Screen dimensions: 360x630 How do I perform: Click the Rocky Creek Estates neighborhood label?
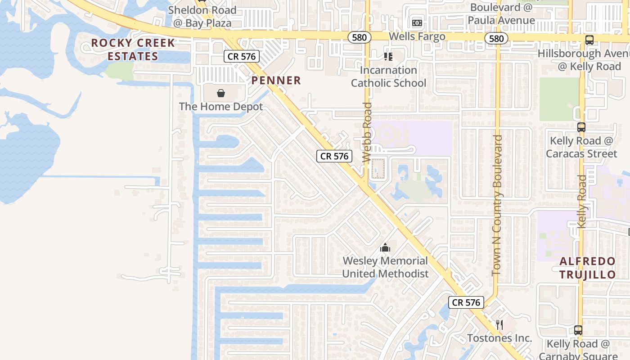[x=133, y=49]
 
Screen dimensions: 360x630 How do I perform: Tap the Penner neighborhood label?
[x=276, y=81]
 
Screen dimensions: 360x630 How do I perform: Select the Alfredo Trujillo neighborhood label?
[x=588, y=268]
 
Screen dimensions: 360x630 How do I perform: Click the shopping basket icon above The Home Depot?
[x=221, y=93]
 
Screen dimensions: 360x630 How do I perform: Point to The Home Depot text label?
[x=221, y=107]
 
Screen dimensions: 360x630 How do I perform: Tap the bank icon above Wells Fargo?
[x=417, y=23]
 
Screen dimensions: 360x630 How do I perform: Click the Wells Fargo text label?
[x=417, y=36]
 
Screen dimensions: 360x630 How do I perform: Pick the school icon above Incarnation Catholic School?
[x=388, y=57]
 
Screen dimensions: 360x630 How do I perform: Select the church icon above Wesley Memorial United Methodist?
[x=385, y=247]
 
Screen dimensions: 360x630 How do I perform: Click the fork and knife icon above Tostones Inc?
[x=499, y=325]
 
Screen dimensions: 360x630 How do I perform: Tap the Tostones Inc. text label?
[x=499, y=338]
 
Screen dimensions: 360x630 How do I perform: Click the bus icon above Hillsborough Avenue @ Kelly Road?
[x=589, y=40]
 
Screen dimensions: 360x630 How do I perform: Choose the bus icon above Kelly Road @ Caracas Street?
[x=581, y=127]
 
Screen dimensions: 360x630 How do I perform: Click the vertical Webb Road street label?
[x=367, y=132]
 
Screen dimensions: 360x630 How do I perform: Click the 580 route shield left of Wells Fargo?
[x=360, y=38]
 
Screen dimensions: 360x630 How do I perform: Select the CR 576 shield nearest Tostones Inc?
[x=466, y=302]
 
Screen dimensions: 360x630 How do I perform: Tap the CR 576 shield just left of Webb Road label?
[x=334, y=156]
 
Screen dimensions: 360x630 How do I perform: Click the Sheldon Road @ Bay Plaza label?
[x=202, y=17]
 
